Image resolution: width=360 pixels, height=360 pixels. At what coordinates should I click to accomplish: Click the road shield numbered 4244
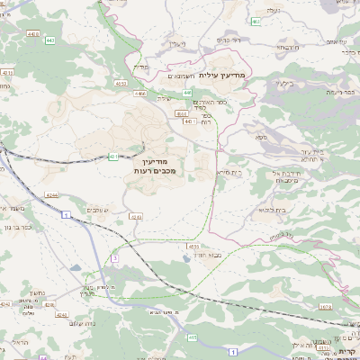(52, 193)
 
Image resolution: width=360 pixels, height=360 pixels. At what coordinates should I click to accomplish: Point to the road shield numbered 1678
(349, 307)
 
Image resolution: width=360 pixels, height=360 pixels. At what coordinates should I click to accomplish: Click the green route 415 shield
(192, 337)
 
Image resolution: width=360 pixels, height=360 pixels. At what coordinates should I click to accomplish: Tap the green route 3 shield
(115, 258)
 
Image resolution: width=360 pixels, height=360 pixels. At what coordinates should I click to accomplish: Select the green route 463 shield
(256, 21)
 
